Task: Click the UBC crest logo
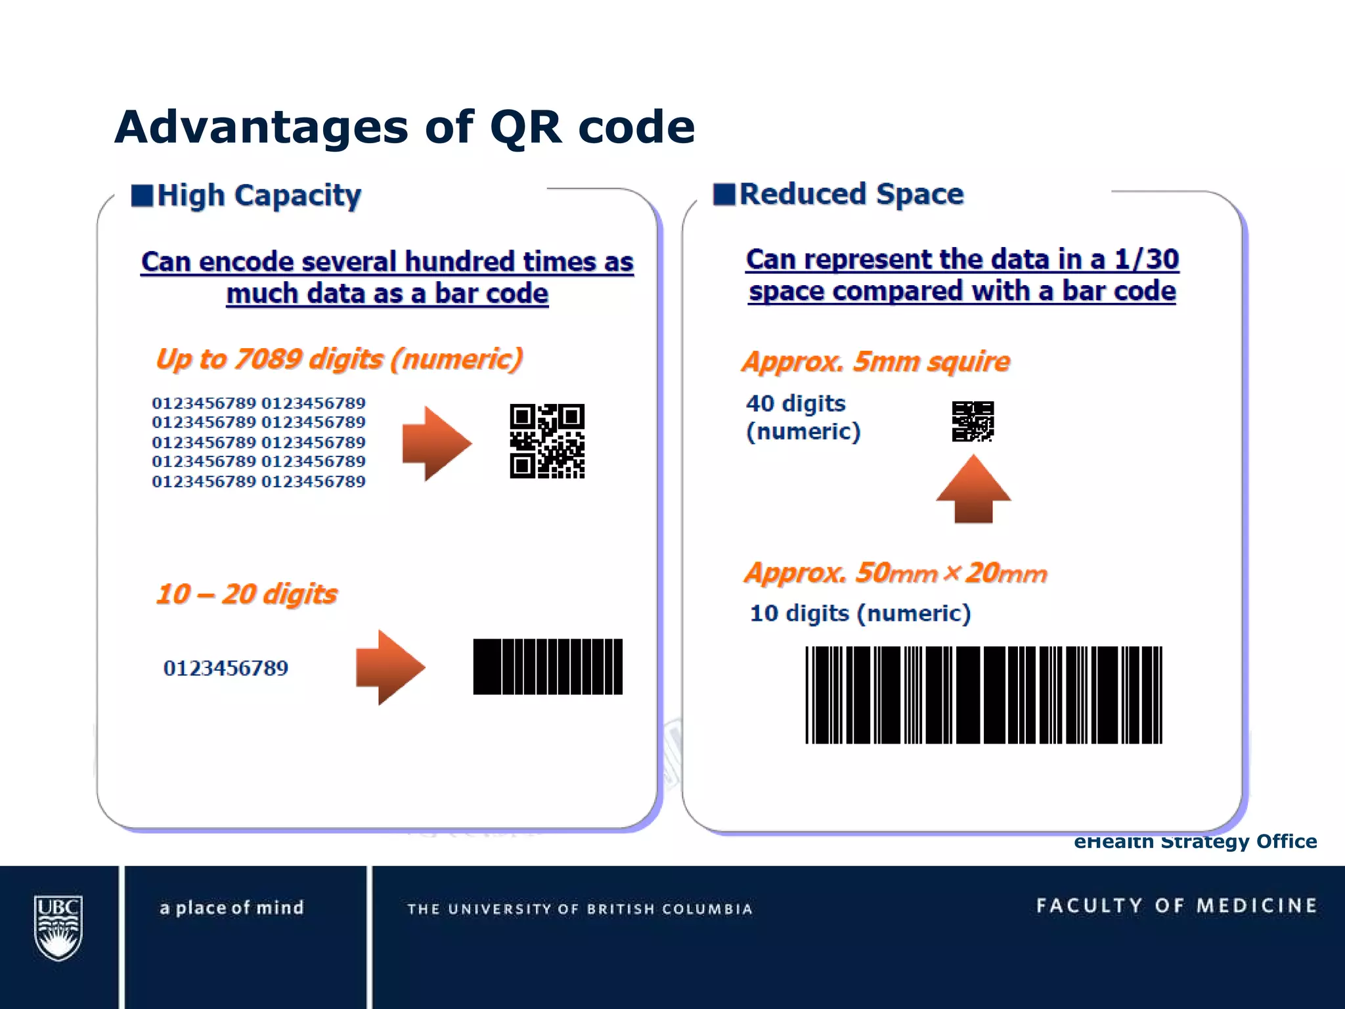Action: click(58, 928)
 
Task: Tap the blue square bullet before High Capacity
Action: click(142, 195)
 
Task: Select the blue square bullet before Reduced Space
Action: click(724, 194)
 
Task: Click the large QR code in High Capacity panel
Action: click(547, 441)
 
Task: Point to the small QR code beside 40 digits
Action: click(973, 421)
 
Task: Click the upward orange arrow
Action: click(973, 489)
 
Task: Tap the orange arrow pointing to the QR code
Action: click(436, 443)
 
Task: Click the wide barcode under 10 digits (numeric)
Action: click(983, 695)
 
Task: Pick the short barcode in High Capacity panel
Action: click(548, 666)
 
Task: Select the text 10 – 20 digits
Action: click(246, 594)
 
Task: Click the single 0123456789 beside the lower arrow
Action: click(225, 668)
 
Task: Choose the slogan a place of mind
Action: click(232, 908)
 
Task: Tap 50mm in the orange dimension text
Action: click(896, 573)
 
